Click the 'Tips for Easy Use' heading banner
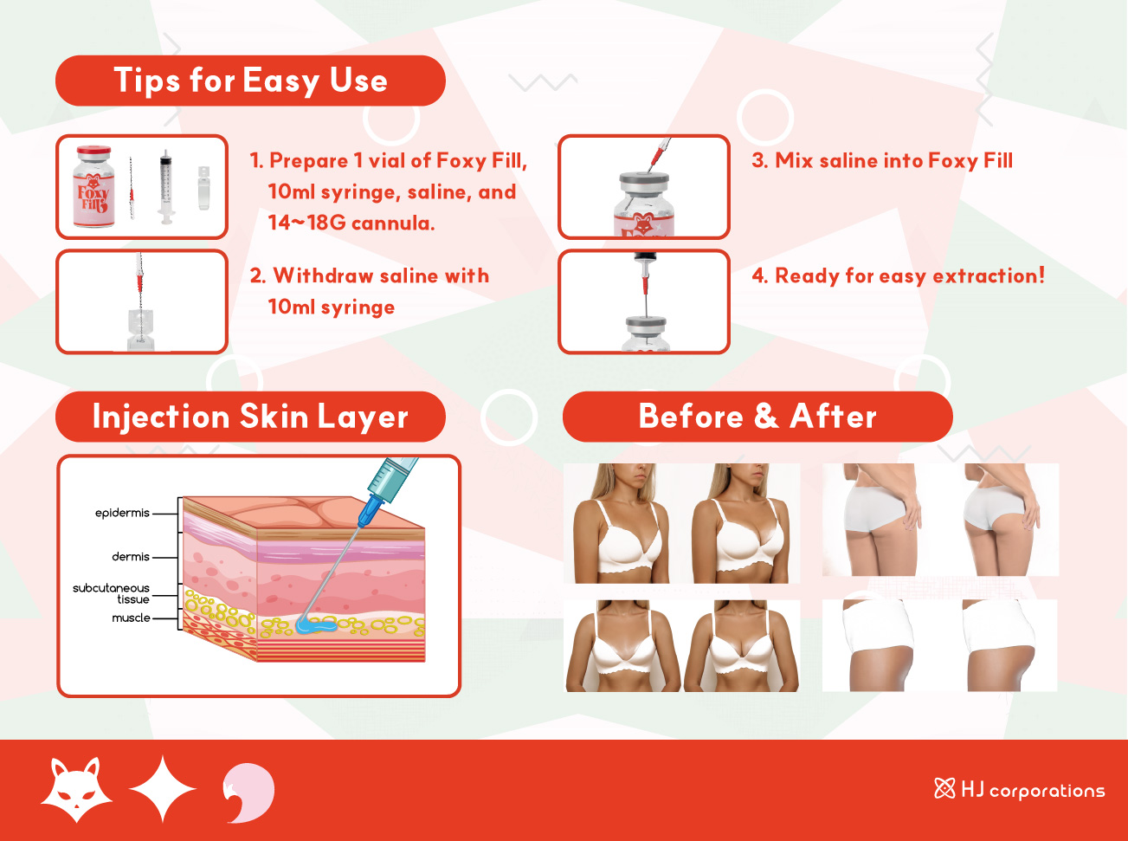250,81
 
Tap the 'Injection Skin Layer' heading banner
250,417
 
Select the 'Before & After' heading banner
757,417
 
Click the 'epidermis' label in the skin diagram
122,513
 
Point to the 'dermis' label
131,557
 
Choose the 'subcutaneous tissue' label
111,594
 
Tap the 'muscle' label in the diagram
131,618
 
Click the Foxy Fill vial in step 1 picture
93,186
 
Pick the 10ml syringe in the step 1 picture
165,186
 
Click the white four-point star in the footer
163,788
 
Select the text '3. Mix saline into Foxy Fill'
882,160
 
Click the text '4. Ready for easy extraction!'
899,276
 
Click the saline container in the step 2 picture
140,329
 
